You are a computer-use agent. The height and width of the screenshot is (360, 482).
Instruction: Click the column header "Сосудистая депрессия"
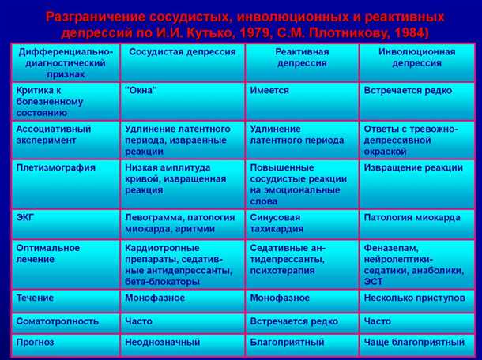[181, 52]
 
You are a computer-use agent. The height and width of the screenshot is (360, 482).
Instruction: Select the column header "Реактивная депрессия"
[280, 57]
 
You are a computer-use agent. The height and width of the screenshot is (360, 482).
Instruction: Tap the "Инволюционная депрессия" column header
[409, 57]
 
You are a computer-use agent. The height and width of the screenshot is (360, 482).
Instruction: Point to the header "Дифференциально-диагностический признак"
[64, 62]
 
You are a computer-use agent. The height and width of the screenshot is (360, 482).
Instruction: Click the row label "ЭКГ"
[25, 216]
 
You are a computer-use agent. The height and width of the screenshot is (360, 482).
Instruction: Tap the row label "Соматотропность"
[58, 321]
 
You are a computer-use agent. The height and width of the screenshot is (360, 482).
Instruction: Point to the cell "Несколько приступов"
[413, 298]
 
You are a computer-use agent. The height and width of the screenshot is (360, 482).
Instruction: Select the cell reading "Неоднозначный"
[162, 342]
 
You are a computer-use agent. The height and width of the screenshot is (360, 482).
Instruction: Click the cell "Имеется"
[269, 91]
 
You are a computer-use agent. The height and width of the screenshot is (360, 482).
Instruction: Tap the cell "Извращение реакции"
[413, 167]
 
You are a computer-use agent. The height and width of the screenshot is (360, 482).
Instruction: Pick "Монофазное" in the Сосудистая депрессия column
[155, 298]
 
